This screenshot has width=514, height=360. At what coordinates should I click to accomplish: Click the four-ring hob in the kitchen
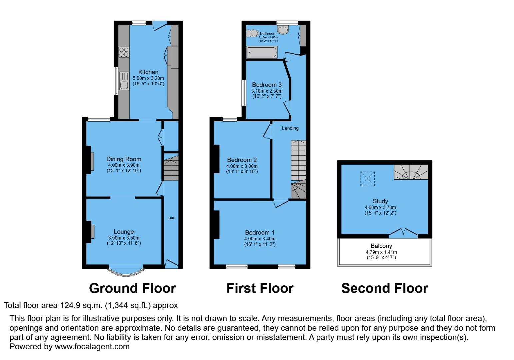[x=124, y=52]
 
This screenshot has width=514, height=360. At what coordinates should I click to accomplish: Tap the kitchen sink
[x=124, y=81]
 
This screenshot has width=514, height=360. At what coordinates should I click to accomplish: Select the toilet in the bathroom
[x=253, y=33]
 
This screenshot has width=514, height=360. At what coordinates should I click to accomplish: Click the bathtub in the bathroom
[x=262, y=52]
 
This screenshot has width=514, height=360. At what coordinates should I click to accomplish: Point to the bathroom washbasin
[x=283, y=30]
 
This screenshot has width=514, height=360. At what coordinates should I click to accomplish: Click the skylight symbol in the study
[x=367, y=179]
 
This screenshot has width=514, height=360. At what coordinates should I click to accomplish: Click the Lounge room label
[x=124, y=232]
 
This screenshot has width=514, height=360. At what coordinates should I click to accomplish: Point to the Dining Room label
[x=124, y=159]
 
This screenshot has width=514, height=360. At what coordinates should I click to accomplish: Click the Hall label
[x=171, y=218]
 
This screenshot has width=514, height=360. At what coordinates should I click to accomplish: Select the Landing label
[x=290, y=128]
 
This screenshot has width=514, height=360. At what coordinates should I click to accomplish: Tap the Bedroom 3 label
[x=267, y=85]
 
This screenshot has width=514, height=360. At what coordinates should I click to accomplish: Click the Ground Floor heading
[x=132, y=288]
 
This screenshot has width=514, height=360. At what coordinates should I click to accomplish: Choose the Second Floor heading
[x=384, y=288]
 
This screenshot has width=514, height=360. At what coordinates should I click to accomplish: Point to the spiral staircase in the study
[x=411, y=172]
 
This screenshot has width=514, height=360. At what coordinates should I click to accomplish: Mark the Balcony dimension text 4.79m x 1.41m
[x=381, y=252]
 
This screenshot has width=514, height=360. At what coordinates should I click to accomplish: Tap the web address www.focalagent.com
[x=92, y=346]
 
